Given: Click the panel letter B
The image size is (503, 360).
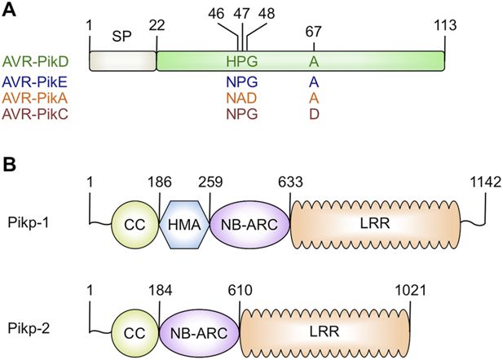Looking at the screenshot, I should pos(11,164).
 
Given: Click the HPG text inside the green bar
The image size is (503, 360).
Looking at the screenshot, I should pos(241,61).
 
